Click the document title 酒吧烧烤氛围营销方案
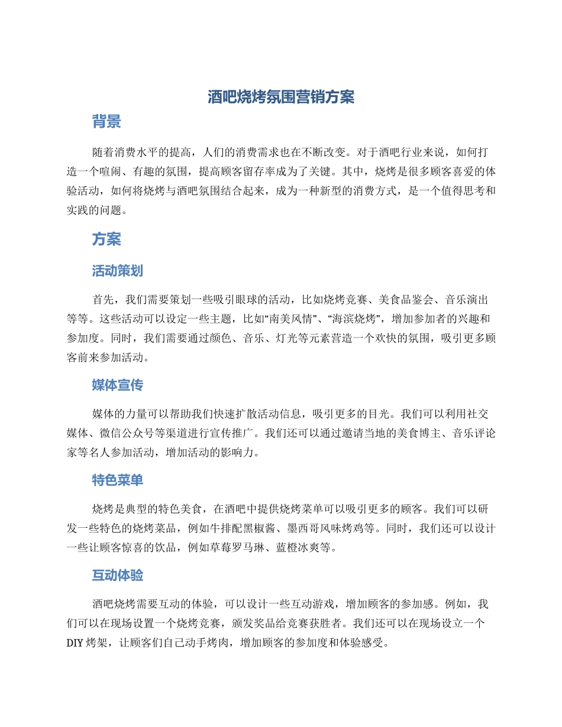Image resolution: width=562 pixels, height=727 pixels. pos(281,98)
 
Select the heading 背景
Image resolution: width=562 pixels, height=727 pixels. pos(106,122)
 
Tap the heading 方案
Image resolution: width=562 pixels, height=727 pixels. pos(106,239)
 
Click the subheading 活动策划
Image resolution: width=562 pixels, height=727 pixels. pos(117,271)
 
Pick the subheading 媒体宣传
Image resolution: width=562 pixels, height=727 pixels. pos(117,385)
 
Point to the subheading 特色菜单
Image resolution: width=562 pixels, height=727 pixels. pos(117,480)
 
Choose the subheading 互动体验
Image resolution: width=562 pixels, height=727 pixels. pos(117,575)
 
